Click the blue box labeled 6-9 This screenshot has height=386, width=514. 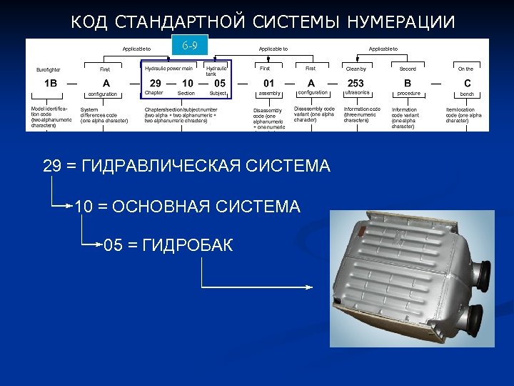(190, 48)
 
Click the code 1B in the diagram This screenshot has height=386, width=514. (50, 83)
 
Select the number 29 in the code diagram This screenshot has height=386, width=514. (154, 83)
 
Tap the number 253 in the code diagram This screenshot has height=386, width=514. (356, 83)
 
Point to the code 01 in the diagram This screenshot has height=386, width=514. (268, 83)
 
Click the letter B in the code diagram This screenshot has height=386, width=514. (408, 83)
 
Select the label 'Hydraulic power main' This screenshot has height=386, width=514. (168, 68)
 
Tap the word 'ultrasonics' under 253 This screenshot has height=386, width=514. (357, 93)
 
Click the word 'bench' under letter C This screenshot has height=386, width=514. (467, 94)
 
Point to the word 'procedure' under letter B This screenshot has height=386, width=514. (408, 94)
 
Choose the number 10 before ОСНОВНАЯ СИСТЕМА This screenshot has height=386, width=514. (84, 207)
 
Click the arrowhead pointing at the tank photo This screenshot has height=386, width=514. (309, 287)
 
